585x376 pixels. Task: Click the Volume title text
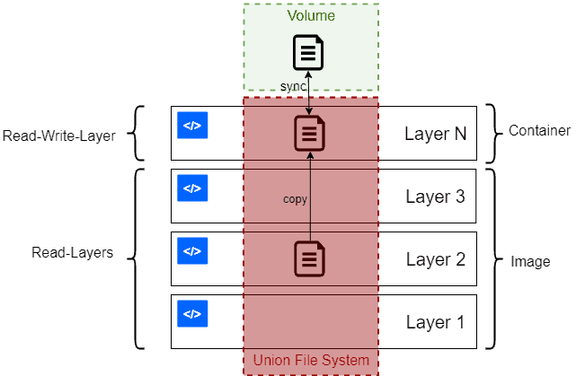click(x=310, y=16)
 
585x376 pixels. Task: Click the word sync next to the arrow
click(x=294, y=85)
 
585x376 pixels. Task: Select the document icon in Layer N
click(x=310, y=134)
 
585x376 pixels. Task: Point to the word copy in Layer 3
click(x=296, y=199)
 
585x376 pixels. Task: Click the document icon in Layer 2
click(x=310, y=259)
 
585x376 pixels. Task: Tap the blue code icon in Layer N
click(x=192, y=126)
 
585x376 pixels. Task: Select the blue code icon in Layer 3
click(x=192, y=188)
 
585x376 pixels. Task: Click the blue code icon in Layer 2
click(x=192, y=251)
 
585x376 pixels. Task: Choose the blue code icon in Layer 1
click(x=192, y=314)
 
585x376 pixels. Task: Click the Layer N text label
click(x=436, y=135)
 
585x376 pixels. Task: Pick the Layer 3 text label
click(x=435, y=197)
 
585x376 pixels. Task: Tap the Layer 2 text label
click(x=435, y=260)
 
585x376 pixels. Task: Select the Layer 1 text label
click(x=435, y=323)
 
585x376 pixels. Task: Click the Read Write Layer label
click(x=59, y=136)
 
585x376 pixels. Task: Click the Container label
click(x=539, y=131)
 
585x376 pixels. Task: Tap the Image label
click(x=530, y=262)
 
